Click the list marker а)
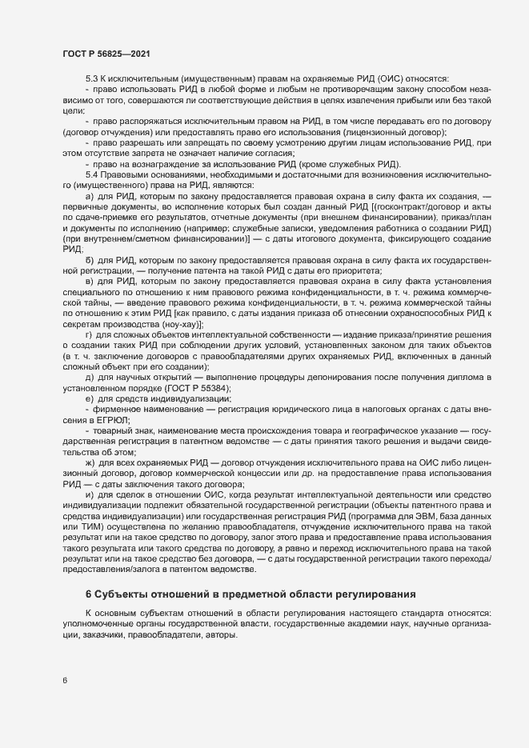point(89,195)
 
